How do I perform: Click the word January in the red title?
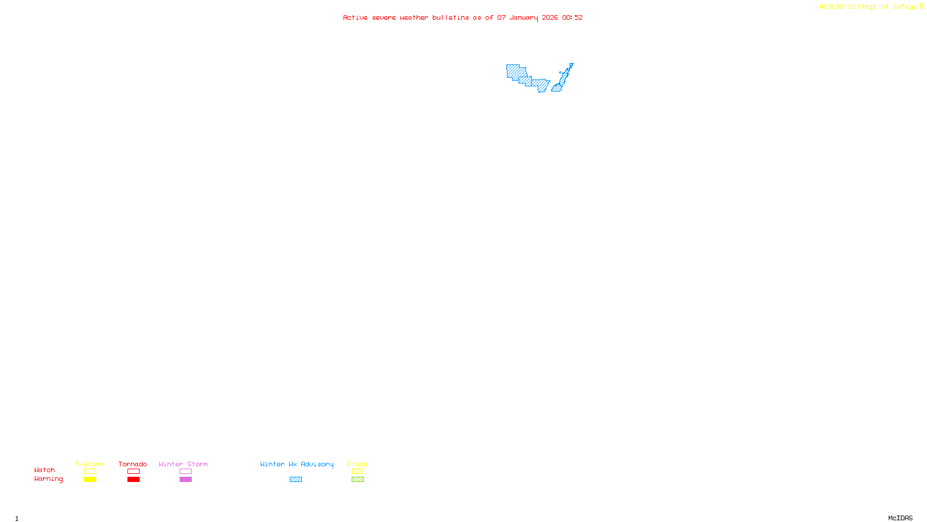click(524, 18)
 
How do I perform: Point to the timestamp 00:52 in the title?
click(572, 18)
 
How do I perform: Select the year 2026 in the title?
click(550, 18)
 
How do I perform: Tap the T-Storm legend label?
click(89, 464)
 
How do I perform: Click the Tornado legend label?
click(133, 464)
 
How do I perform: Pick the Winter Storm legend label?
click(183, 464)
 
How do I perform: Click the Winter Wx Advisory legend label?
click(297, 464)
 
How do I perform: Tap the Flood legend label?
click(357, 464)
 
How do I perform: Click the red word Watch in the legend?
click(45, 470)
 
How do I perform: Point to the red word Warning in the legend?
click(48, 479)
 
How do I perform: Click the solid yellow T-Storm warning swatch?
click(90, 480)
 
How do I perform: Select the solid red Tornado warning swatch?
click(133, 480)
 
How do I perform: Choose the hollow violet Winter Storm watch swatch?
click(185, 472)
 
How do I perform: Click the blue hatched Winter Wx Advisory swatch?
click(295, 480)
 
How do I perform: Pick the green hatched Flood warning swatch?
click(357, 480)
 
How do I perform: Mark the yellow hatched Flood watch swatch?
click(357, 472)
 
